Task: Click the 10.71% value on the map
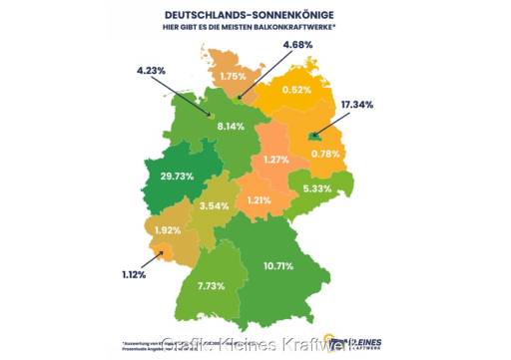[x=277, y=265]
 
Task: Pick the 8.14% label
[x=231, y=126]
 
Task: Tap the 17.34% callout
[x=358, y=104]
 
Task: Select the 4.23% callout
[x=153, y=71]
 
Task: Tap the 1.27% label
[x=276, y=160]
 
